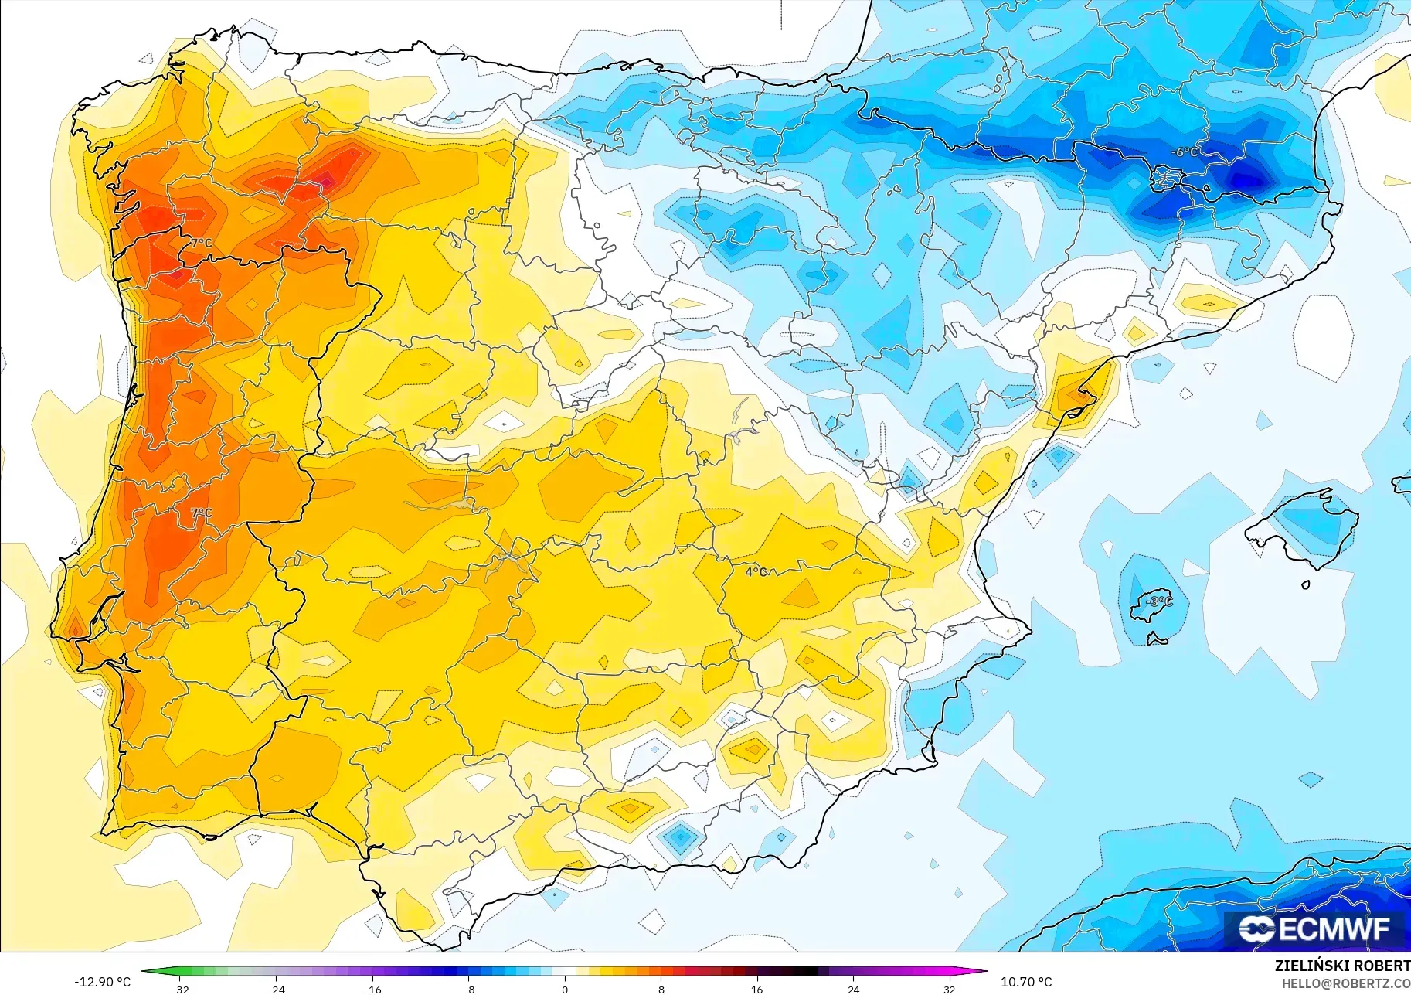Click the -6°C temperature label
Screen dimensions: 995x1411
click(x=1185, y=152)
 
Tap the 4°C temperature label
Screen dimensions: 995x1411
click(x=756, y=572)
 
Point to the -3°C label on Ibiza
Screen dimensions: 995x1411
click(x=1158, y=601)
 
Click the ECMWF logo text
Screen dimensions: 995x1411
click(x=1334, y=929)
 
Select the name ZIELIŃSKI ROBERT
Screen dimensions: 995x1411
click(x=1342, y=966)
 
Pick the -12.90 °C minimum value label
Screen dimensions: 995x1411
click(x=102, y=982)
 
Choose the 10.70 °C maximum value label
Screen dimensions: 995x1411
click(x=1026, y=982)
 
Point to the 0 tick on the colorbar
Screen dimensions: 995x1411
click(x=565, y=990)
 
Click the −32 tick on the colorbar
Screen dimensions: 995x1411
click(x=179, y=990)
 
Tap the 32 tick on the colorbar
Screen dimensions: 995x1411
click(x=949, y=990)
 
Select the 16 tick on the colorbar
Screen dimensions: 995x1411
click(x=756, y=990)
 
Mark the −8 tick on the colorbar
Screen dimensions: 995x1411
click(x=469, y=990)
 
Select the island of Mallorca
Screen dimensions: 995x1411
click(x=1306, y=526)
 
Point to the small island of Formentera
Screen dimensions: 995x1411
click(x=1157, y=639)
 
